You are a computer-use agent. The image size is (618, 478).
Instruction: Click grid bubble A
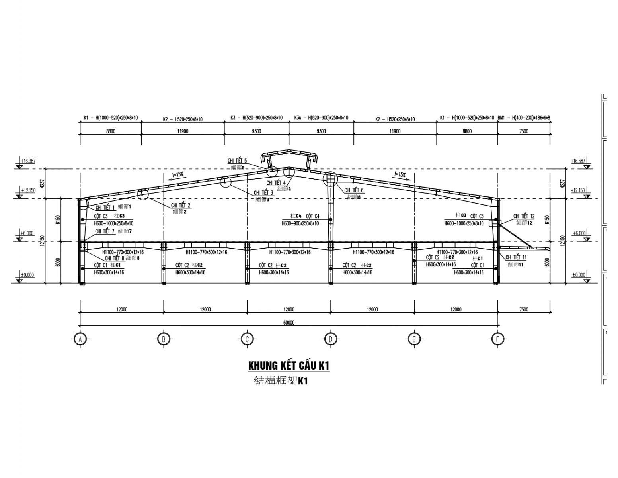[80, 339]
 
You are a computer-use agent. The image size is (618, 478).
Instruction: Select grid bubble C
[247, 339]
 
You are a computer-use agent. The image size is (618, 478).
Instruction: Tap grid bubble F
[497, 339]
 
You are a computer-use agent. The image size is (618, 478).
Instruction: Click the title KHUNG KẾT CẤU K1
[289, 366]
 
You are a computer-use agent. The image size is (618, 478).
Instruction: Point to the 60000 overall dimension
[289, 323]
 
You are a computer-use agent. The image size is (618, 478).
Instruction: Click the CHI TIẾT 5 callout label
[237, 161]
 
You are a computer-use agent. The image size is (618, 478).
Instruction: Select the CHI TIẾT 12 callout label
[524, 216]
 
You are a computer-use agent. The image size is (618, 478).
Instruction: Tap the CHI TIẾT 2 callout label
[181, 205]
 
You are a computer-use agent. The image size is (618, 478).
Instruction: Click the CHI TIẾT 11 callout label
[516, 257]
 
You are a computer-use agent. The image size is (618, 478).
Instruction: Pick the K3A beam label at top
[321, 118]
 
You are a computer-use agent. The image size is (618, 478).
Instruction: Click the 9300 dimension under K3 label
[256, 131]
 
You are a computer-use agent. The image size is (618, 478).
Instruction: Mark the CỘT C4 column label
[313, 216]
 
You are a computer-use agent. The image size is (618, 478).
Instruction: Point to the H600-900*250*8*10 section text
[300, 223]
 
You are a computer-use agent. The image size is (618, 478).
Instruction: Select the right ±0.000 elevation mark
[579, 275]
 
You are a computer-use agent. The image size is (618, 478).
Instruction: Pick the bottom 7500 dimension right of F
[524, 310]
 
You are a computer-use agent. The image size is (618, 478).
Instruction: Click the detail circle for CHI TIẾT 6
[329, 180]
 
